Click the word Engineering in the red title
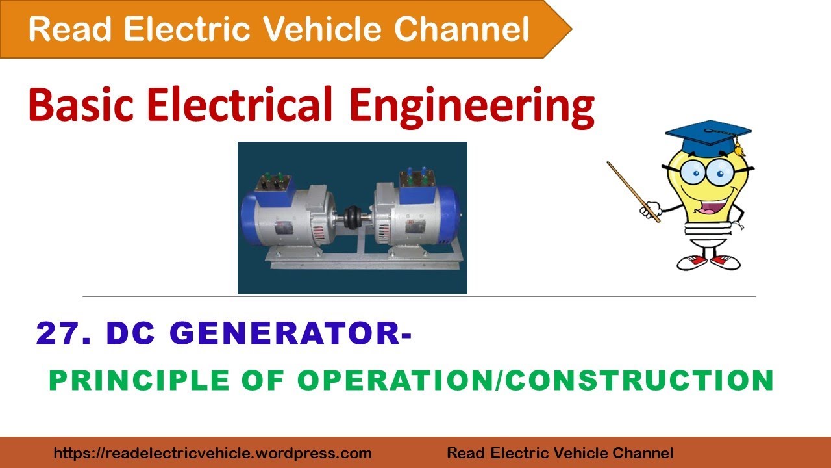472,107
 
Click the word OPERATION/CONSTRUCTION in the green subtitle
535,381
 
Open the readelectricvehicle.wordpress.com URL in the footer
212,453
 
